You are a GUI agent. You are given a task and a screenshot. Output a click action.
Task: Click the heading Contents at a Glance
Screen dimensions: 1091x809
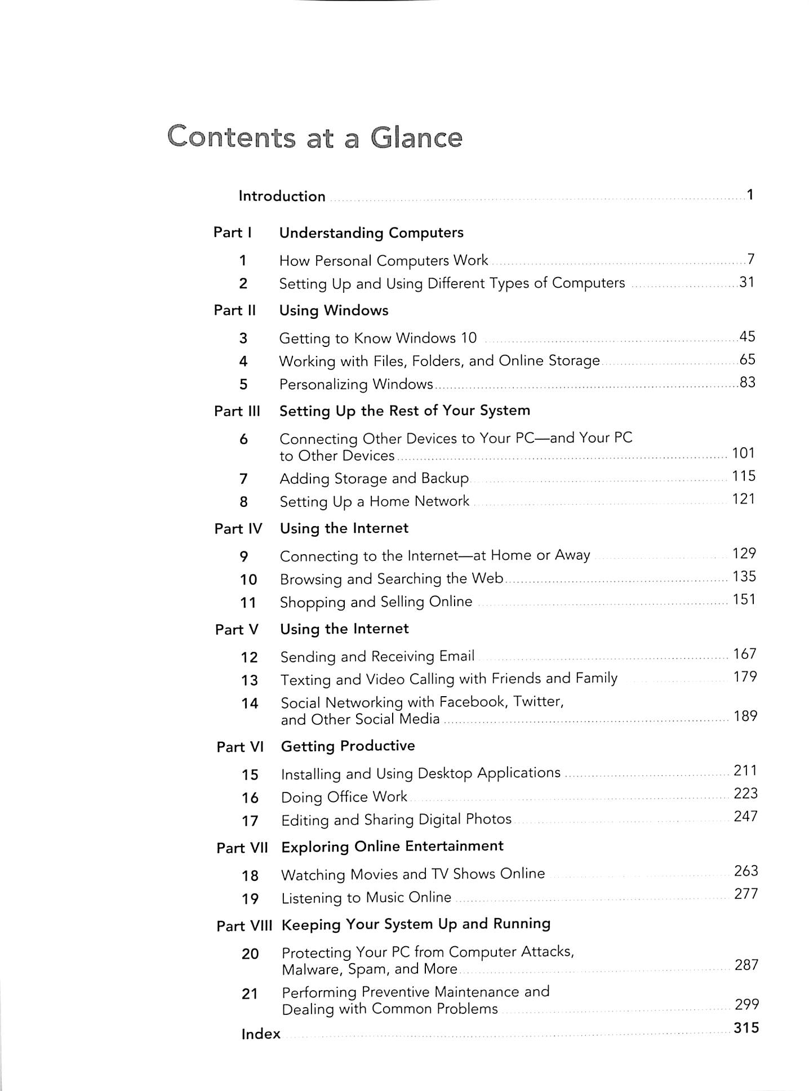click(314, 137)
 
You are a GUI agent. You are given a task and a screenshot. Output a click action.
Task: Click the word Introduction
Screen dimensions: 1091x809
click(282, 196)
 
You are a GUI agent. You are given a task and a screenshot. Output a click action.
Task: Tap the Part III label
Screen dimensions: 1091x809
click(237, 411)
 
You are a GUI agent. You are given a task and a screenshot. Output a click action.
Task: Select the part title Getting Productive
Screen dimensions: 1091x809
click(348, 746)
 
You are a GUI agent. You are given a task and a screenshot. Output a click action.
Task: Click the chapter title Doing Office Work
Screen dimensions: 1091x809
click(344, 797)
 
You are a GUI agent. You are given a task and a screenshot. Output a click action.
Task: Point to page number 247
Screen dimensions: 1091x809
click(745, 816)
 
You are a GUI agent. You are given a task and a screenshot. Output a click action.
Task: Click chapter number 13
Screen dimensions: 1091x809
click(250, 680)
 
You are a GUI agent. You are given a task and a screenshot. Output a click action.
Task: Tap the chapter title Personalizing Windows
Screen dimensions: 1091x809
click(356, 384)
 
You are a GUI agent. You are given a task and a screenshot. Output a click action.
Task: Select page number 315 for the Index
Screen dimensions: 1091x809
click(746, 1028)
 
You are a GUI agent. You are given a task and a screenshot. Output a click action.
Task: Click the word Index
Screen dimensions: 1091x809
click(261, 1034)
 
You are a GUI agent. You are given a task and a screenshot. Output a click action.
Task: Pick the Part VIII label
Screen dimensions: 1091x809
click(244, 926)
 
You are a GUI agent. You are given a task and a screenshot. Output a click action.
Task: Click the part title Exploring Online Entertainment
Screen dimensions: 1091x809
click(392, 846)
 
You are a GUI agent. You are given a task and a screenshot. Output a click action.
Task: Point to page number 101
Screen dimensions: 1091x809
click(743, 453)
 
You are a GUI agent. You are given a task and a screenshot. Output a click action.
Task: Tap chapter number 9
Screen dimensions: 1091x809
click(244, 556)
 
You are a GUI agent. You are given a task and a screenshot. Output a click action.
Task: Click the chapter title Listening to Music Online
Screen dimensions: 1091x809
click(366, 897)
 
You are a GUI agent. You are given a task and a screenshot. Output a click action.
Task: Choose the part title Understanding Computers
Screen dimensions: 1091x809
click(371, 233)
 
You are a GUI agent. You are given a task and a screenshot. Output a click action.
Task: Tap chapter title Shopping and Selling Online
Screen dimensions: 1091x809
click(376, 602)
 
